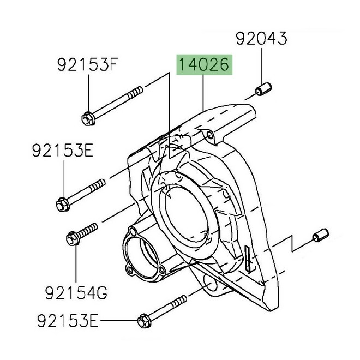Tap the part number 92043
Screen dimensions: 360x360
[x=260, y=38]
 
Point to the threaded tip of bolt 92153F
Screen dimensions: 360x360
[x=139, y=88]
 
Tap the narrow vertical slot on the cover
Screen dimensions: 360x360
[x=249, y=257]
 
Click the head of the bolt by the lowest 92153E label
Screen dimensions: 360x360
[x=143, y=320]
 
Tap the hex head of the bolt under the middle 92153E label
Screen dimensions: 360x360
[x=61, y=205]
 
